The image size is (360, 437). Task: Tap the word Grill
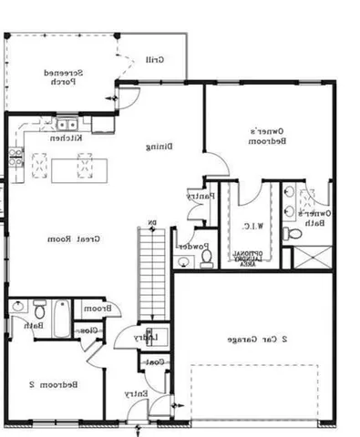(154, 60)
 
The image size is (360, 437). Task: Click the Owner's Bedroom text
(270, 136)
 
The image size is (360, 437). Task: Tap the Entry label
(138, 393)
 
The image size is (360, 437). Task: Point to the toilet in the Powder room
(206, 259)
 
